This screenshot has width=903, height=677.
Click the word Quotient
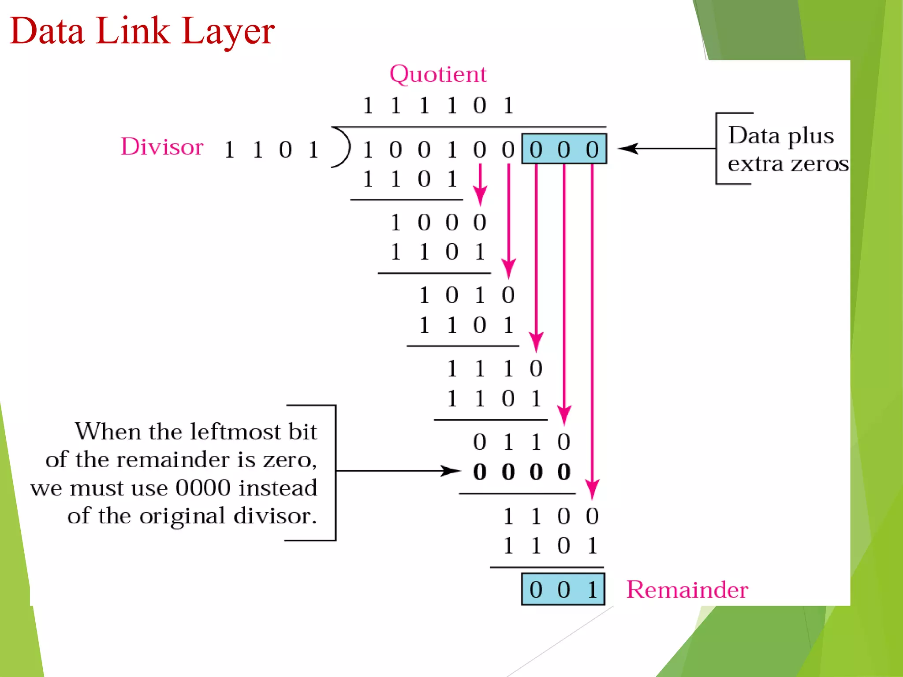438,74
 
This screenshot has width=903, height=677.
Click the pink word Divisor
162,147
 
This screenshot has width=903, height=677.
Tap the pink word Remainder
687,590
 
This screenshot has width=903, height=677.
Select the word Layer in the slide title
228,32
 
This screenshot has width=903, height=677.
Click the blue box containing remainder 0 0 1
563,590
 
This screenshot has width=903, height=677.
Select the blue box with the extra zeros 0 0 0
564,149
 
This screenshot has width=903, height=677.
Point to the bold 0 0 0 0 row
522,472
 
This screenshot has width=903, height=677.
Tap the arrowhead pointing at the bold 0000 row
452,471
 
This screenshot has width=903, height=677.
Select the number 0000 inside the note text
203,488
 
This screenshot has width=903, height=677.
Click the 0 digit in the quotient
480,106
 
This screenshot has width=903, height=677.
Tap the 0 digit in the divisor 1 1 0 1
285,150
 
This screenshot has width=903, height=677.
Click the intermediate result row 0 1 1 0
522,442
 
